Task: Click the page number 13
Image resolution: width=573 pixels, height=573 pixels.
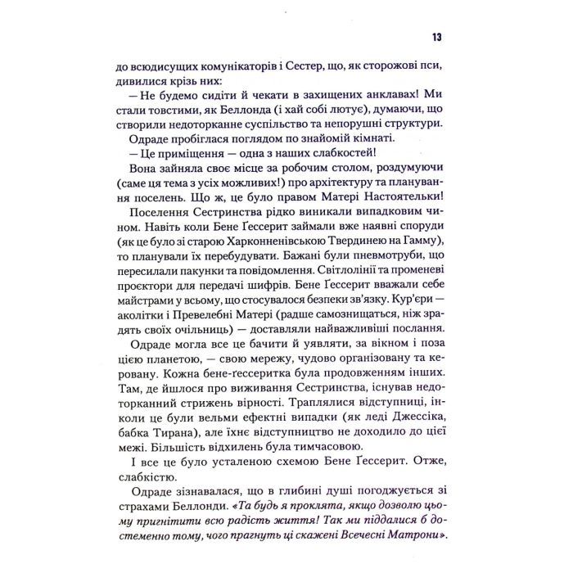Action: pyautogui.click(x=436, y=38)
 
